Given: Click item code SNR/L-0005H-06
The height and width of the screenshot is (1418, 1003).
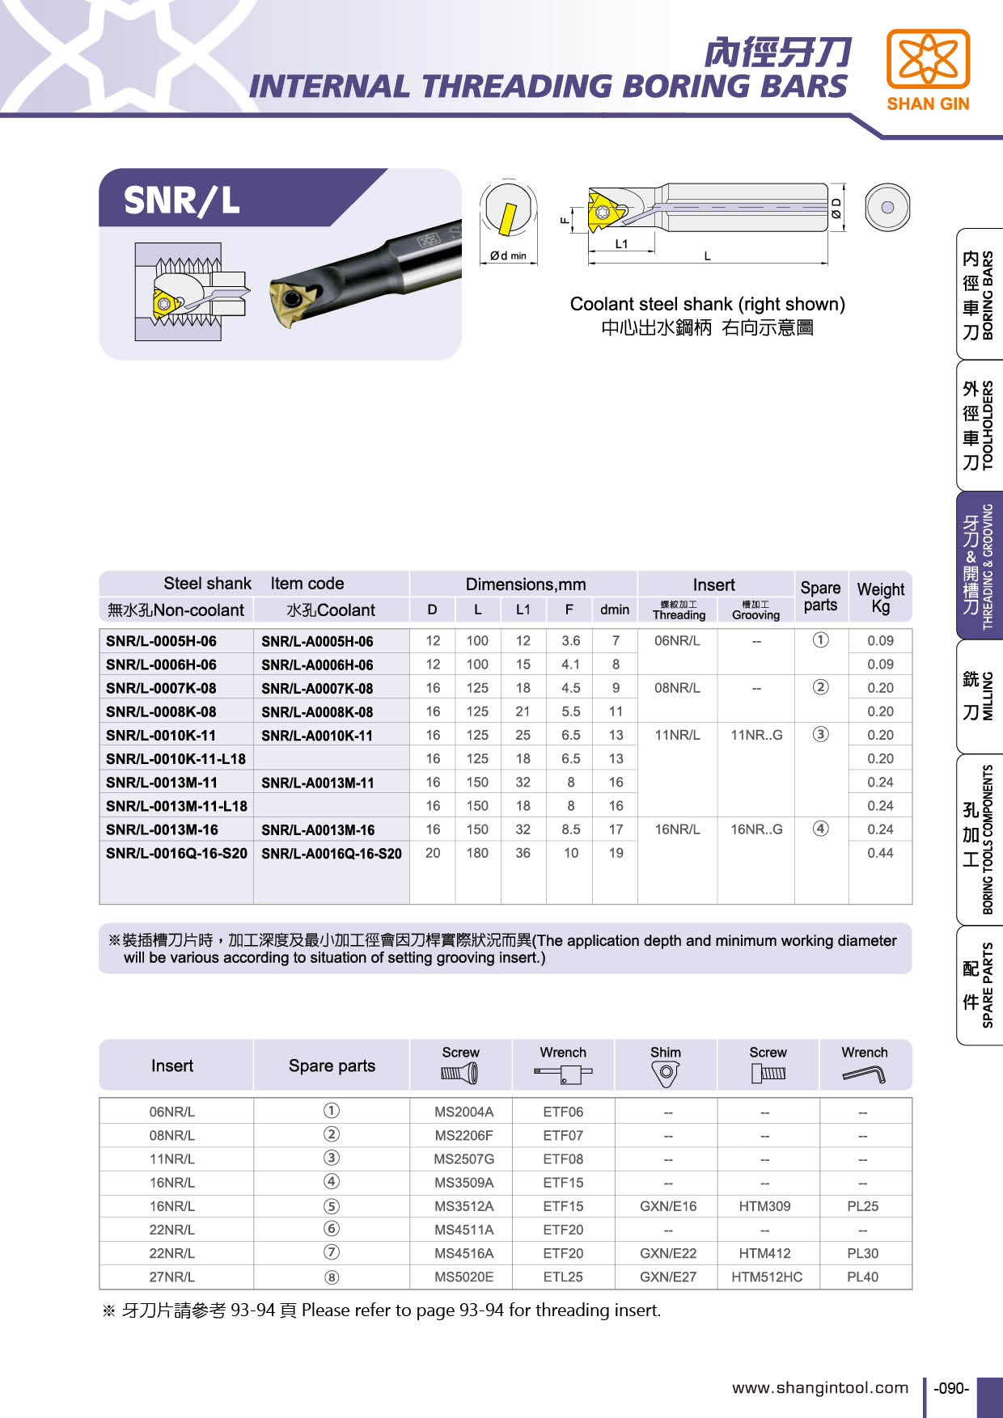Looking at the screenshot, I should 161,641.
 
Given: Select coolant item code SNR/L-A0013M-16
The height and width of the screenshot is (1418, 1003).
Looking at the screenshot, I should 317,829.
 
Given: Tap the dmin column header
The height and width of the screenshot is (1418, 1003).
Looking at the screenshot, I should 615,610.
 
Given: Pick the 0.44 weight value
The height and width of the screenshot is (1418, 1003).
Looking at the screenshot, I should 880,853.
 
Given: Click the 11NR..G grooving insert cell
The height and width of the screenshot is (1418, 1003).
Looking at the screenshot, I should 756,735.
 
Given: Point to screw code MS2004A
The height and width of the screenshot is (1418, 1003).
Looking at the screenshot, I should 463,1112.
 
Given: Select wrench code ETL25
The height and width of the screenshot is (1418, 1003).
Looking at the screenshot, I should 563,1277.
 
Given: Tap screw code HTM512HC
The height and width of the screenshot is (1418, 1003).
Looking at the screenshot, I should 767,1277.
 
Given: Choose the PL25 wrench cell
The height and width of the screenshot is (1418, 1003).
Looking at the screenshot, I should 863,1206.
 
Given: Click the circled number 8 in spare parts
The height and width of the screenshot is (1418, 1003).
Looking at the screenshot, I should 332,1277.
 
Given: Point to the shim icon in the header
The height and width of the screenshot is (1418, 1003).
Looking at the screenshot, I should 666,1073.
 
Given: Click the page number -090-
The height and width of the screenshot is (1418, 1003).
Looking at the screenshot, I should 951,1388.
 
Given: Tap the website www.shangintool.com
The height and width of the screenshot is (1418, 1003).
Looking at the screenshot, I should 820,1387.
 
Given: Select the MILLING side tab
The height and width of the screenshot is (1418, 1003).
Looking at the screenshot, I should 979,695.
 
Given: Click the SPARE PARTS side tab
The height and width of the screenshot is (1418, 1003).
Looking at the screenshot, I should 979,985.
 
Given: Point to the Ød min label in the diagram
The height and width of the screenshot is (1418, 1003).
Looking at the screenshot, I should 508,255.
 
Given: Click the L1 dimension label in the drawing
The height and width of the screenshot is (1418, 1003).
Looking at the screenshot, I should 621,243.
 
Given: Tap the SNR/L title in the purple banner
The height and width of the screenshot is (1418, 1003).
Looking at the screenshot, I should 182,200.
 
